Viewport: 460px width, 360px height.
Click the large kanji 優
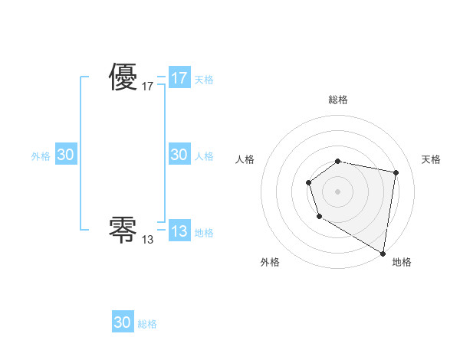click(x=123, y=77)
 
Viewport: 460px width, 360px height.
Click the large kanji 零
click(x=123, y=229)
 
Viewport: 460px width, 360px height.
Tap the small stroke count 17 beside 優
click(x=148, y=87)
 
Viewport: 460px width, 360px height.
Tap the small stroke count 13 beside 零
click(x=148, y=240)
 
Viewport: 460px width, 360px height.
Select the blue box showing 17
click(x=179, y=78)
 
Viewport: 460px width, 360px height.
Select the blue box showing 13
click(x=179, y=231)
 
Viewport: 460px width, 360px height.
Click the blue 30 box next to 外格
click(x=66, y=155)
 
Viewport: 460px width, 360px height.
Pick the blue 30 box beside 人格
click(x=179, y=155)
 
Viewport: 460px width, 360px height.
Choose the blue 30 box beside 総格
click(x=123, y=322)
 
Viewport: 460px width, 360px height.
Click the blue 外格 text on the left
click(x=41, y=156)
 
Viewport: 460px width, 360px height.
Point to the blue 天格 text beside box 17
click(x=204, y=80)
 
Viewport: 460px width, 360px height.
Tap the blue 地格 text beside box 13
click(x=204, y=233)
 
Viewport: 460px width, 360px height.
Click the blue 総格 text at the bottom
click(x=147, y=324)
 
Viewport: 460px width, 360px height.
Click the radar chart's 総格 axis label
click(x=338, y=100)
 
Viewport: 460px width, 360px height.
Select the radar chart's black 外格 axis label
click(x=270, y=262)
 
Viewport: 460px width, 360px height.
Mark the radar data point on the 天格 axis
click(x=396, y=173)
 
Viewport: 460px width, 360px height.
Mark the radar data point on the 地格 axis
click(x=383, y=253)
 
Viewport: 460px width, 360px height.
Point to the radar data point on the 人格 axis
click(x=308, y=182)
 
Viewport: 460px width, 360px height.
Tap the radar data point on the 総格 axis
click(x=338, y=161)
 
